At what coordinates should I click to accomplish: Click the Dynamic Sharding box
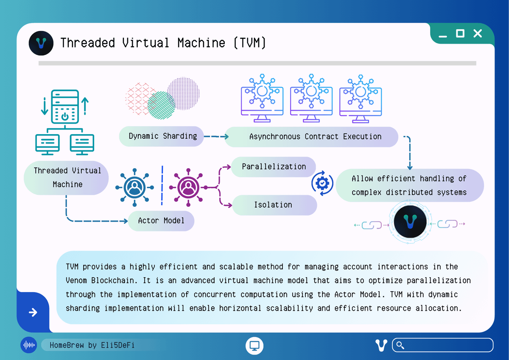pyautogui.click(x=163, y=136)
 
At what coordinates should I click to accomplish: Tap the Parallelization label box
pyautogui.click(x=274, y=167)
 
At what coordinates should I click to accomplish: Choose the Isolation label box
pyautogui.click(x=273, y=205)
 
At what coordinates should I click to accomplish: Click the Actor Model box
pyautogui.click(x=161, y=221)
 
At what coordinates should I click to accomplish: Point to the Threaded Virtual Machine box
pyautogui.click(x=67, y=177)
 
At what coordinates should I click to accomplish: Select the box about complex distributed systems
pyautogui.click(x=409, y=186)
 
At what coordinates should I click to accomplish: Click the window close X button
pyautogui.click(x=478, y=34)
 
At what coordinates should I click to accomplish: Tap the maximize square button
pyautogui.click(x=460, y=34)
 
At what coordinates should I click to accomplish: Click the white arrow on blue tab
pyautogui.click(x=33, y=312)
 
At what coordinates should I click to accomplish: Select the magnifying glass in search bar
pyautogui.click(x=399, y=345)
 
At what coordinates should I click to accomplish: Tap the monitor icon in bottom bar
pyautogui.click(x=255, y=345)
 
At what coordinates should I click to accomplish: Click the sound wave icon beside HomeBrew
pyautogui.click(x=29, y=345)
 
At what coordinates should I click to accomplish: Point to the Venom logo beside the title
pyautogui.click(x=41, y=43)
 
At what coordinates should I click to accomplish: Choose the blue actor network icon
pyautogui.click(x=134, y=187)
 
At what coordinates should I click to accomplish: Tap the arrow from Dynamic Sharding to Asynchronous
pyautogui.click(x=216, y=137)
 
